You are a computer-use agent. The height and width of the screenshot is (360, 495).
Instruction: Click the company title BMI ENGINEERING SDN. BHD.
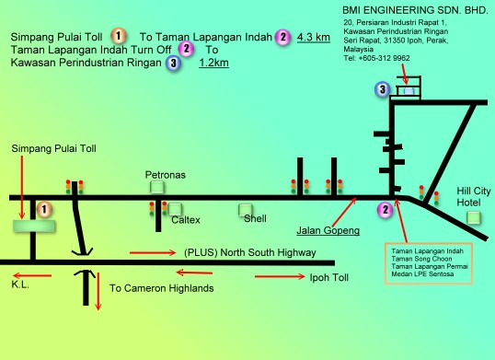pos(415,10)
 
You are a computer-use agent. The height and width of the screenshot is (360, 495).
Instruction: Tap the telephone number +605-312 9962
pos(384,58)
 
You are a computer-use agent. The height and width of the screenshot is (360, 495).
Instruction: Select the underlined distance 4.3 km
pos(314,37)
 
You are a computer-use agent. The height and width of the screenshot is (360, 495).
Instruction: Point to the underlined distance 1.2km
pos(213,63)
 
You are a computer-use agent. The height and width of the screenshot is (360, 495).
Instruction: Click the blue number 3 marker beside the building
pos(383,89)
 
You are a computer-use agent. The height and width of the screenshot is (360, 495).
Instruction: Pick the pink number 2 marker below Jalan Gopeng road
pos(386,209)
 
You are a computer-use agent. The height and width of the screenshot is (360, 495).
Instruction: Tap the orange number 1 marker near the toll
pos(44,209)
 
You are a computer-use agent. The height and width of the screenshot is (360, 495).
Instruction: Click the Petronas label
pos(165,175)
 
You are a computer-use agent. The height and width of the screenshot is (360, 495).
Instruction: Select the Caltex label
pos(186,220)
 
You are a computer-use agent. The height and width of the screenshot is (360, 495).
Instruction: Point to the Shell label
pos(255,218)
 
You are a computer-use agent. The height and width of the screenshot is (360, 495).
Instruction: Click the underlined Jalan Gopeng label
pos(328,230)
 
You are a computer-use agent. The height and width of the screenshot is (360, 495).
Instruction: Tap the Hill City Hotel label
pos(474,197)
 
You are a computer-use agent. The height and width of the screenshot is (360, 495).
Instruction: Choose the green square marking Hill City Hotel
pos(474,218)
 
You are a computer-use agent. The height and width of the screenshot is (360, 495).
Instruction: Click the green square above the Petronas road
pos(157,187)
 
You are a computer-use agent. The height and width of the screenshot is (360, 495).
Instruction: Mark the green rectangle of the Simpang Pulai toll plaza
pos(34,226)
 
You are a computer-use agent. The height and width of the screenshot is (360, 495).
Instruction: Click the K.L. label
pos(20,285)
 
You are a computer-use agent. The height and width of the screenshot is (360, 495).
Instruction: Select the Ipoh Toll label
pos(329,277)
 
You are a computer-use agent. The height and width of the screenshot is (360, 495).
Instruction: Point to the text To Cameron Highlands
pos(162,288)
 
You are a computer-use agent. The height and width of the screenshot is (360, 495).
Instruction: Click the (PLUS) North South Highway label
pos(250,252)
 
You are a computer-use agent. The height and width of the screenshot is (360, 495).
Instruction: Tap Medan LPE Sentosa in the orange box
pos(422,274)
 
